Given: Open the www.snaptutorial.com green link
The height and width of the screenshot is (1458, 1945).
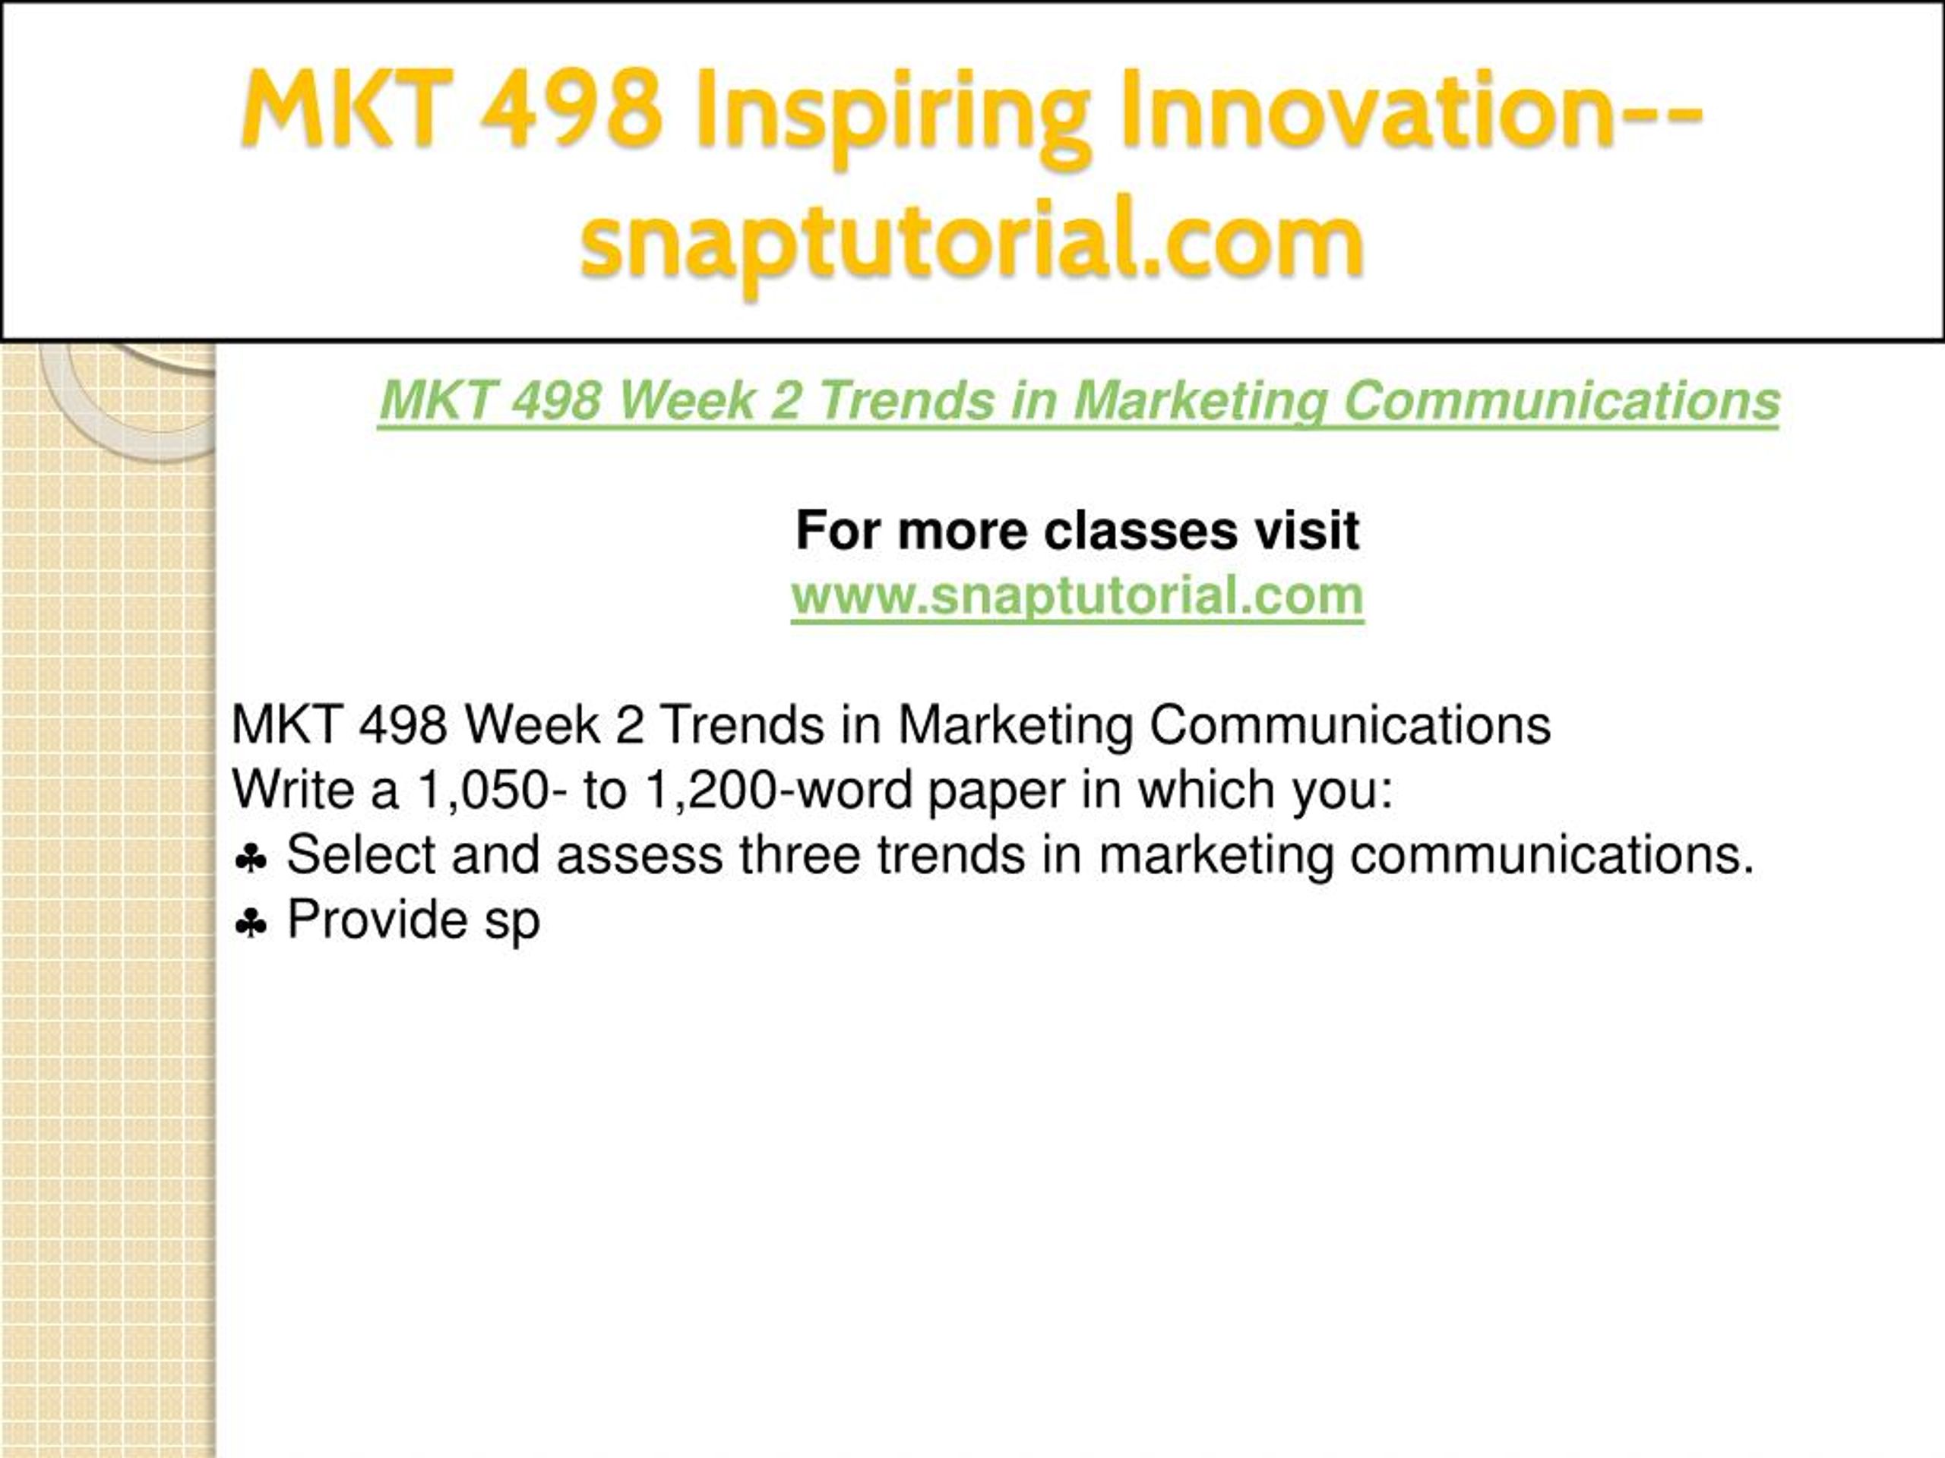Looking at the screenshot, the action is (x=1077, y=595).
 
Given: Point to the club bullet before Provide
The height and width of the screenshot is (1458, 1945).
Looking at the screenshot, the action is (x=251, y=923).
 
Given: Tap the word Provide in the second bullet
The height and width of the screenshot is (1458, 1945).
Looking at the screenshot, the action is (x=376, y=920).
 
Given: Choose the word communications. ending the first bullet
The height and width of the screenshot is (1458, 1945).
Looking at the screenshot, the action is (x=1553, y=854).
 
